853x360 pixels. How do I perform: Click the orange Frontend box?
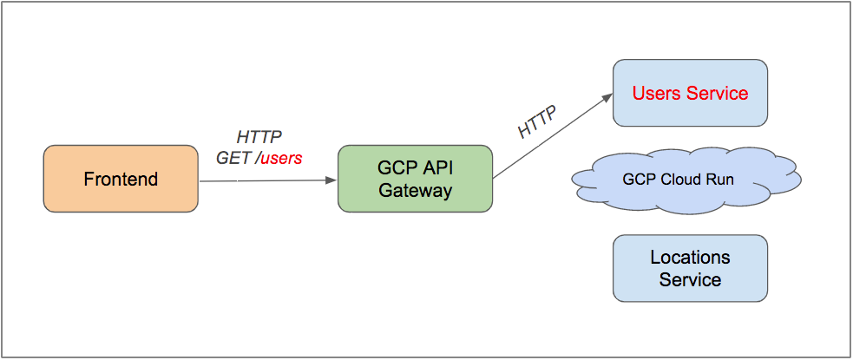click(121, 179)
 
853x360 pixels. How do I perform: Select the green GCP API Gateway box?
click(415, 179)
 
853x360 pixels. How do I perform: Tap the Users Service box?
click(690, 93)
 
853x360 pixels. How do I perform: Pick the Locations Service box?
click(690, 268)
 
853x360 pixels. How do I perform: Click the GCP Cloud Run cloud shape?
click(686, 180)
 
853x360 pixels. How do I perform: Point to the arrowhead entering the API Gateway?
click(331, 180)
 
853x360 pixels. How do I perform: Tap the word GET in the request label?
click(233, 158)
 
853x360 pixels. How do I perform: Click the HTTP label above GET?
click(259, 137)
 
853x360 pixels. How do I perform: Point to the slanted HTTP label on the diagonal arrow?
click(537, 121)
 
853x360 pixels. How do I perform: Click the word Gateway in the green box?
click(415, 190)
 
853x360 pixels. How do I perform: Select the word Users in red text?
click(657, 93)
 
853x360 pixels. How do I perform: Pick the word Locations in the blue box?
click(690, 258)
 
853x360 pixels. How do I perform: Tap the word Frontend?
click(121, 180)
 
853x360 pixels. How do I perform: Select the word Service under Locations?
click(690, 279)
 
